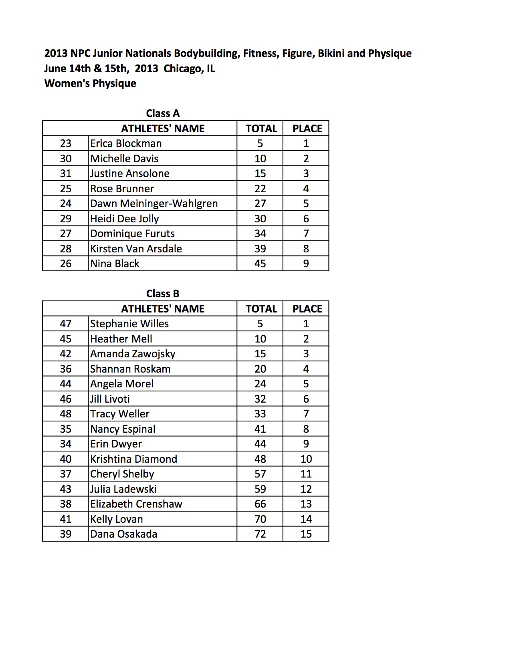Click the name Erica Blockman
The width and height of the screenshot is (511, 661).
click(x=126, y=143)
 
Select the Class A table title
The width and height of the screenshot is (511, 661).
click(x=163, y=113)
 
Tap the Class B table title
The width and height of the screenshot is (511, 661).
click(x=163, y=294)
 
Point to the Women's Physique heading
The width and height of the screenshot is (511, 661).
click(x=90, y=83)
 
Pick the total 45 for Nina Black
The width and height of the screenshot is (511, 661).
click(x=260, y=264)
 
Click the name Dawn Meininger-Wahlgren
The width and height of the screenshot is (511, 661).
click(x=154, y=204)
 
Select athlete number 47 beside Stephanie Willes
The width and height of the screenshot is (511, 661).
click(x=65, y=324)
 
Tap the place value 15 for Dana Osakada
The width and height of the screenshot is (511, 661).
click(x=306, y=534)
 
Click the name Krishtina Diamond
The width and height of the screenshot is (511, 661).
click(x=133, y=459)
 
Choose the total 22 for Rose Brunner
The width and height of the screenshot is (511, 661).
click(x=260, y=189)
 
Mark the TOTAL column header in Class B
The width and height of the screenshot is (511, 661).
click(x=261, y=309)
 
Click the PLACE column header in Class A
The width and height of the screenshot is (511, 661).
click(x=307, y=129)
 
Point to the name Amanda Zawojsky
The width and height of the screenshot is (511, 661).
click(x=133, y=354)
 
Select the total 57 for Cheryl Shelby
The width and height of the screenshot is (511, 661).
click(x=260, y=474)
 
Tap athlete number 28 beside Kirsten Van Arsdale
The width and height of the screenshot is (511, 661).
click(x=65, y=249)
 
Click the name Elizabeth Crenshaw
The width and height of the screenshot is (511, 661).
click(x=136, y=504)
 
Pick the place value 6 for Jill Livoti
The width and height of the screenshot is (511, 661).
click(x=306, y=399)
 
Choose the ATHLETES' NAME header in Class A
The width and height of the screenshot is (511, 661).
click(x=163, y=129)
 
